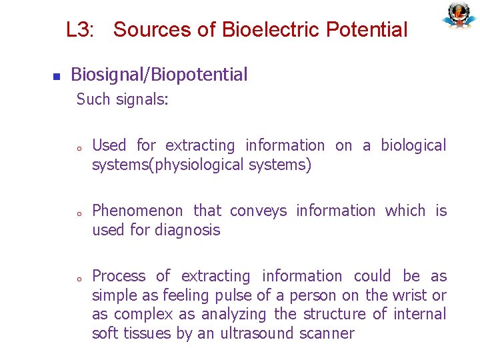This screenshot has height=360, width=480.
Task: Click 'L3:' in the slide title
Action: click(80, 30)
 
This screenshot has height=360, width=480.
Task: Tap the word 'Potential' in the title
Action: click(367, 30)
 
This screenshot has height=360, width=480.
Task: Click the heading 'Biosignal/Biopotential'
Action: click(159, 75)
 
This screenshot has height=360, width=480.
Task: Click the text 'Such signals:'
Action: click(123, 100)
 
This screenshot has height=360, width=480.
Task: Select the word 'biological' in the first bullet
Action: click(413, 145)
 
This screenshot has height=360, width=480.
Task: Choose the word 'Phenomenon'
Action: click(137, 211)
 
